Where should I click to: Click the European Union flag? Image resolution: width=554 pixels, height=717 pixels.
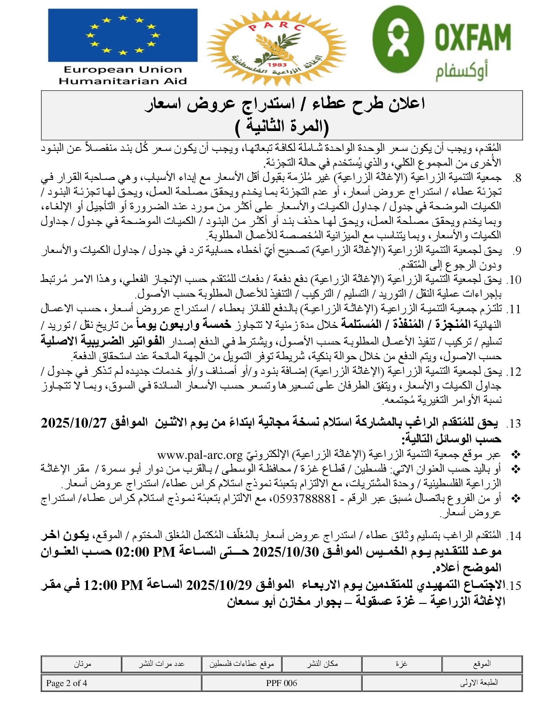coord(123,35)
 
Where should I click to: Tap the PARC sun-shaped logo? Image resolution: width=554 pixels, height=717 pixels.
coord(276,46)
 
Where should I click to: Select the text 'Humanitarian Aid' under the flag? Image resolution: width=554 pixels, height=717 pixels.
coord(123,81)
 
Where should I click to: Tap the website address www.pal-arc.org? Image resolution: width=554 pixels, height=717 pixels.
coord(199,455)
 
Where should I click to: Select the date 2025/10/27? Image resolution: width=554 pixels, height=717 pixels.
coord(74,423)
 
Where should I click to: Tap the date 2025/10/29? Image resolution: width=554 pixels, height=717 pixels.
coord(219,585)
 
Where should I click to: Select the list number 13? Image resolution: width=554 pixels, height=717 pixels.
coord(514,423)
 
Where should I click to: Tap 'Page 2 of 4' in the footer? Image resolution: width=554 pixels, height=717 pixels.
coord(66,683)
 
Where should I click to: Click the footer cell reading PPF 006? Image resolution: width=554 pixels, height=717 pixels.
coord(281,683)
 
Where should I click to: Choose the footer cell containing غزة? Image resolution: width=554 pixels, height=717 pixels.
coord(401,664)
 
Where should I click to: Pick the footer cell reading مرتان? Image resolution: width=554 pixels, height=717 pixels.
coord(82,664)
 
